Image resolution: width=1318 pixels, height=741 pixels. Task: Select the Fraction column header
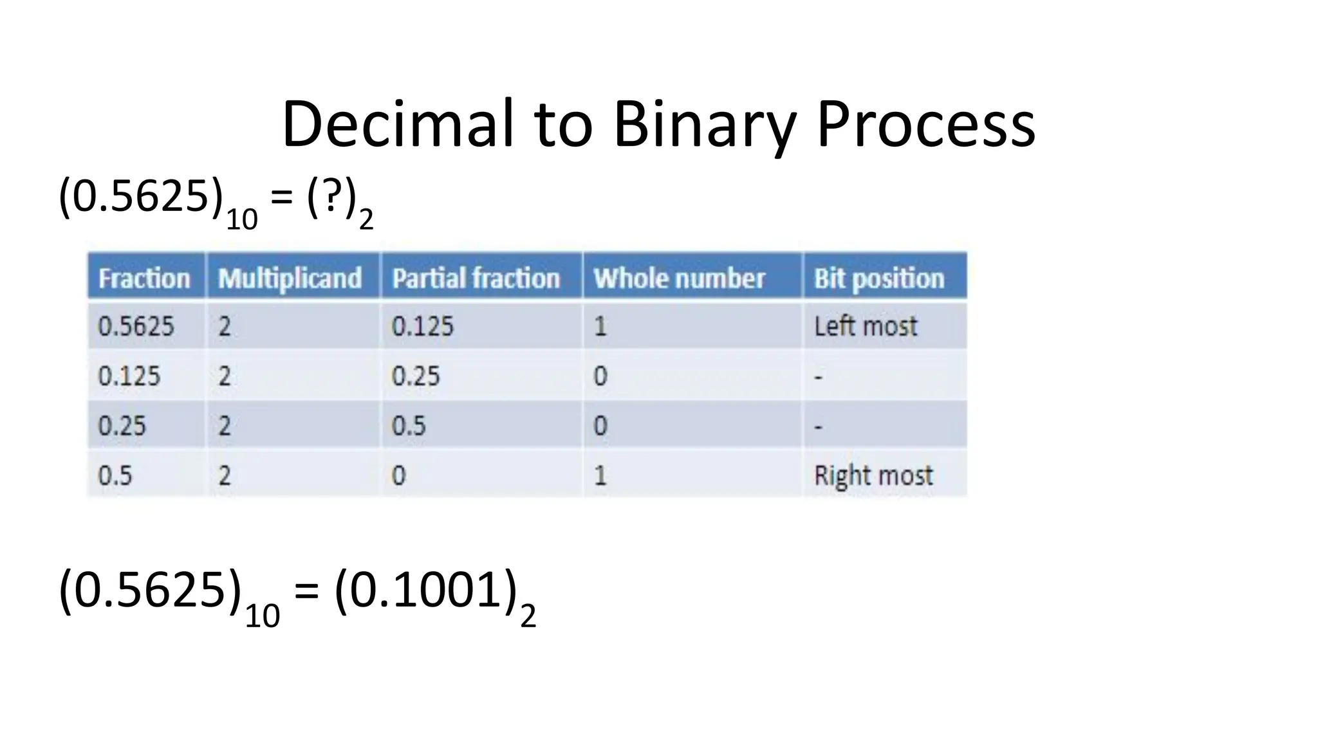pyautogui.click(x=145, y=278)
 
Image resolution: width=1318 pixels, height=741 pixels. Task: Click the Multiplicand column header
pyautogui.click(x=290, y=278)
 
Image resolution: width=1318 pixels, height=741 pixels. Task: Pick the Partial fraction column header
pyautogui.click(x=476, y=278)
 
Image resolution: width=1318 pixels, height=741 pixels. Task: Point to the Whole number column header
pyautogui.click(x=679, y=278)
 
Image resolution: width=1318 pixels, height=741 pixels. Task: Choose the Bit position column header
pyautogui.click(x=879, y=278)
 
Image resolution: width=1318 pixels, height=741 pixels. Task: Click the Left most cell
pyautogui.click(x=866, y=326)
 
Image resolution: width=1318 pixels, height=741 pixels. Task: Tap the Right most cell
pyautogui.click(x=873, y=475)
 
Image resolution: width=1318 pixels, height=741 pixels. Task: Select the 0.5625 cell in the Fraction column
pyautogui.click(x=136, y=326)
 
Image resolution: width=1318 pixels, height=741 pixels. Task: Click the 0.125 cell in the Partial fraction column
pyautogui.click(x=423, y=326)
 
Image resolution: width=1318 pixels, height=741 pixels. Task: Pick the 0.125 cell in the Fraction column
pyautogui.click(x=129, y=376)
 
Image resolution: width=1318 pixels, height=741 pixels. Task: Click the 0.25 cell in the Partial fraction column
pyautogui.click(x=416, y=376)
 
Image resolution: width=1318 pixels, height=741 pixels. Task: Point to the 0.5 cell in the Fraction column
pyautogui.click(x=115, y=475)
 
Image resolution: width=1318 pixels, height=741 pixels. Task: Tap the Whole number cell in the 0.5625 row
pyautogui.click(x=600, y=326)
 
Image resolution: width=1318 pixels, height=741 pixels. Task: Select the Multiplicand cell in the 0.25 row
pyautogui.click(x=224, y=426)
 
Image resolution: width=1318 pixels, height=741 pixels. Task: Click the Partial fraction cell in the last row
pyautogui.click(x=399, y=475)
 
